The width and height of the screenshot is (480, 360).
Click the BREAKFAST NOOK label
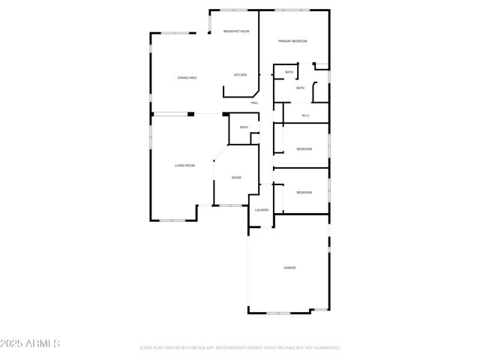click(x=237, y=31)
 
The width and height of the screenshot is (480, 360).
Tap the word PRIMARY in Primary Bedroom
click(x=286, y=40)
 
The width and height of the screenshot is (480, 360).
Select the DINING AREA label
click(x=187, y=78)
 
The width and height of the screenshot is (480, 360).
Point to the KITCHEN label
click(x=240, y=75)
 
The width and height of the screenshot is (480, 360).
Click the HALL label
click(x=254, y=103)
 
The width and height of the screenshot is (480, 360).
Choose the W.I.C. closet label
click(x=306, y=115)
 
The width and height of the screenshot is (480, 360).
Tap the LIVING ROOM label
click(x=184, y=165)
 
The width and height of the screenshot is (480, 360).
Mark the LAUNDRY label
click(x=262, y=210)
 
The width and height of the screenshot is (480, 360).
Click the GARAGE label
click(x=289, y=268)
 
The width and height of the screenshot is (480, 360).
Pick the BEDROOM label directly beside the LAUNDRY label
click(x=304, y=193)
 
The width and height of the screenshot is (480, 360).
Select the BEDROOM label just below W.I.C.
click(x=304, y=149)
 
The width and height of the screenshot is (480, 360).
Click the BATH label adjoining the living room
click(x=244, y=127)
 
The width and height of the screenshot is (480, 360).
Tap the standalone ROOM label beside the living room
click(x=236, y=178)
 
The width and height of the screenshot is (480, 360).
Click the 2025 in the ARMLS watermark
click(x=13, y=343)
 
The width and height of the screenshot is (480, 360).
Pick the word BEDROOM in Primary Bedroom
click(x=300, y=40)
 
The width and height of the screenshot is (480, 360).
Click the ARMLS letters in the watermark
click(x=43, y=343)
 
